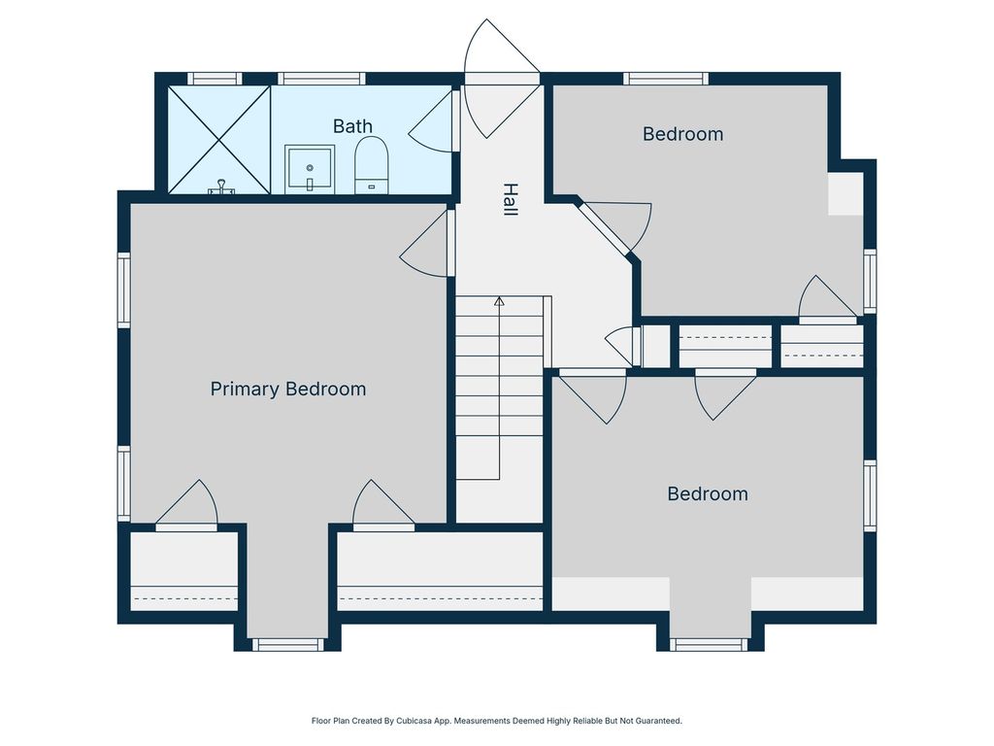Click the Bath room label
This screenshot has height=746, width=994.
(352, 126)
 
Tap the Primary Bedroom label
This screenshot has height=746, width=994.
(288, 389)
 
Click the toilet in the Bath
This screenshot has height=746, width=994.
(371, 165)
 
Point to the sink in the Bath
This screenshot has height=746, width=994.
(310, 169)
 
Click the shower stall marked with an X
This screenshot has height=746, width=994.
(219, 140)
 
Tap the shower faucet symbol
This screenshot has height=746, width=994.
(221, 187)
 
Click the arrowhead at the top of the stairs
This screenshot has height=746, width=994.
(500, 301)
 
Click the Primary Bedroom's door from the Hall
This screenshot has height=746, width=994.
(425, 244)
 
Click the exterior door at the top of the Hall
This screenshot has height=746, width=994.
(501, 80)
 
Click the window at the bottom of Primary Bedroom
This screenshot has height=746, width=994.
(287, 645)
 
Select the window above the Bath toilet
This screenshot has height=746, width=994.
(321, 79)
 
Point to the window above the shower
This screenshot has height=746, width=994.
(215, 79)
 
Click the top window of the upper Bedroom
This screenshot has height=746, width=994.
(666, 79)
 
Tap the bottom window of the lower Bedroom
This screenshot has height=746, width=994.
(710, 645)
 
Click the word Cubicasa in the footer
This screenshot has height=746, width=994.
(414, 721)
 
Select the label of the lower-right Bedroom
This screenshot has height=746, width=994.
(708, 493)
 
